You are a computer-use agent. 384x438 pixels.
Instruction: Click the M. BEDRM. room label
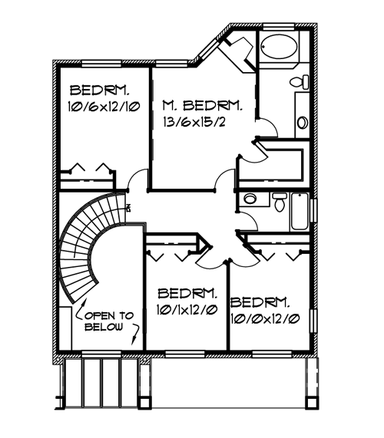(202, 106)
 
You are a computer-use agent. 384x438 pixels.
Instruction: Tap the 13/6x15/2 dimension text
(194, 123)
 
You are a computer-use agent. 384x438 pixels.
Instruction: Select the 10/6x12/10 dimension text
(104, 107)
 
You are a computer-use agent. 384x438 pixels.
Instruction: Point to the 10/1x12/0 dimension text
(187, 310)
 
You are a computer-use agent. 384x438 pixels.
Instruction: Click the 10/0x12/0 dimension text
(265, 319)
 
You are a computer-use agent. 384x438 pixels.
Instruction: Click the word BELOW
(104, 327)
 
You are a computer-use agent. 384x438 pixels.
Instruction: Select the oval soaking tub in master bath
(279, 47)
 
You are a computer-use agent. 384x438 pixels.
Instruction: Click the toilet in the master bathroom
(300, 82)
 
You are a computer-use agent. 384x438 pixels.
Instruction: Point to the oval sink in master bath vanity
(303, 123)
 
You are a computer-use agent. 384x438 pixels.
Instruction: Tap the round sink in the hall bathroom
(250, 199)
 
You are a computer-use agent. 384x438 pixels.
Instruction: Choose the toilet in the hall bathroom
(280, 202)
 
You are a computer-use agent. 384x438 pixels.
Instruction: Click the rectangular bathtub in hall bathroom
(300, 212)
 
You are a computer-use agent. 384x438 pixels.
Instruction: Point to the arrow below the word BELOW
(136, 334)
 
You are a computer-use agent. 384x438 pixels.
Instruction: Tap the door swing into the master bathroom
(268, 127)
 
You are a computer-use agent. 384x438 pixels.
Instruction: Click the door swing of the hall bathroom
(248, 221)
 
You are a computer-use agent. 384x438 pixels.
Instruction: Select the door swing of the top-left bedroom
(137, 179)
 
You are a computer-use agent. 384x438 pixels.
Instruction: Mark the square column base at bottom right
(310, 403)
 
